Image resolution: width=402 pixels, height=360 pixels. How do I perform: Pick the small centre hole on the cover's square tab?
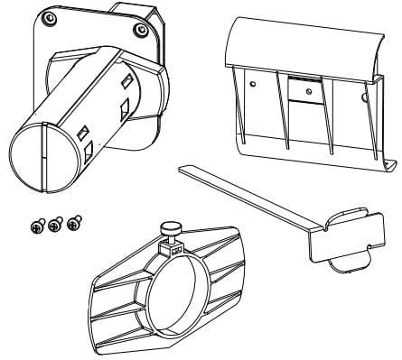[309, 90]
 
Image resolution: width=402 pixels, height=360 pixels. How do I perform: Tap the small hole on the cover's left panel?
[254, 83]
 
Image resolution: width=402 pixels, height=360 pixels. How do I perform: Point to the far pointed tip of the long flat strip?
[182, 168]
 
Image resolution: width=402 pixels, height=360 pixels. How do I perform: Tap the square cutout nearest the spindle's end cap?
[83, 133]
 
